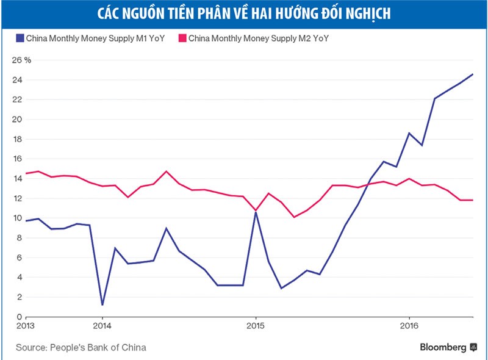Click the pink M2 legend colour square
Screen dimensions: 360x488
(x=181, y=38)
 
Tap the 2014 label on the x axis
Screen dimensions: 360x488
(x=102, y=326)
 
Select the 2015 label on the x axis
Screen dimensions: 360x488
(x=256, y=326)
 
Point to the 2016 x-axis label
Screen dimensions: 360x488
(x=409, y=326)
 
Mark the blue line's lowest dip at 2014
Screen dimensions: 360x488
(x=102, y=304)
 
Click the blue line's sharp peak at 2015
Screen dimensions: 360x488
(x=256, y=212)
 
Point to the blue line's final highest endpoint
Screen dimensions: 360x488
(x=473, y=74)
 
